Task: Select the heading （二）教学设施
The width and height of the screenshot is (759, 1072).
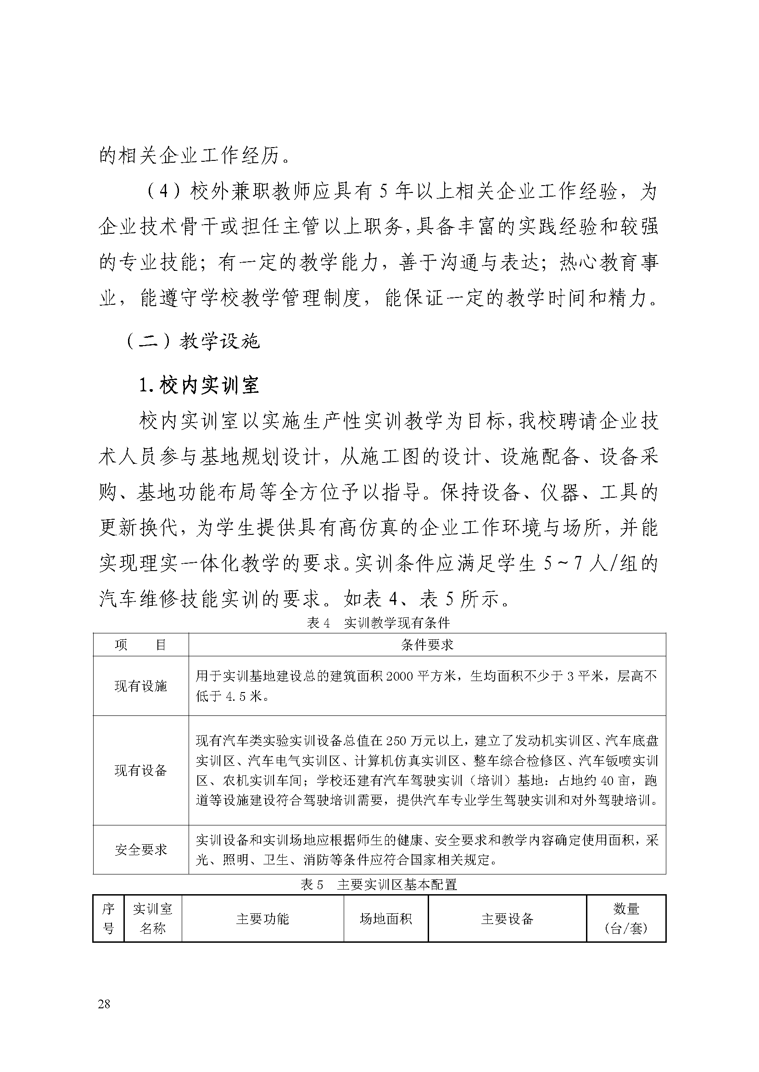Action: point(193,342)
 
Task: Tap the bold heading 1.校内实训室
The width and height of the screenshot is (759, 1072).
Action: point(199,385)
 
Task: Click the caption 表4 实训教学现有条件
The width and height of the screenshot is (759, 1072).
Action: point(378,622)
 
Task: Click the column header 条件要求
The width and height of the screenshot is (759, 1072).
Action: point(427,645)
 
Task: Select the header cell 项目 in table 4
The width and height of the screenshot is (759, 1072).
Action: point(141,645)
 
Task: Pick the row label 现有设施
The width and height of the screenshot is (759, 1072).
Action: point(141,686)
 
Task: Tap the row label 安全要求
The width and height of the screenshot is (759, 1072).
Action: point(141,850)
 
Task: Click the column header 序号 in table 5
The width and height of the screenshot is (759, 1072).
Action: point(108,918)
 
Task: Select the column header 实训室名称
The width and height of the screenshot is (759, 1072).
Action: point(153,918)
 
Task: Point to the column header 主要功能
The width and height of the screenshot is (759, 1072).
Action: point(262,919)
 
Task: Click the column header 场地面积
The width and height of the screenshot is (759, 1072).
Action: point(385,919)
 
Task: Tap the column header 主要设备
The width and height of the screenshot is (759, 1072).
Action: point(507,919)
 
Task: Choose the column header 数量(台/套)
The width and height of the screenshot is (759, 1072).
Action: point(626,918)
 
